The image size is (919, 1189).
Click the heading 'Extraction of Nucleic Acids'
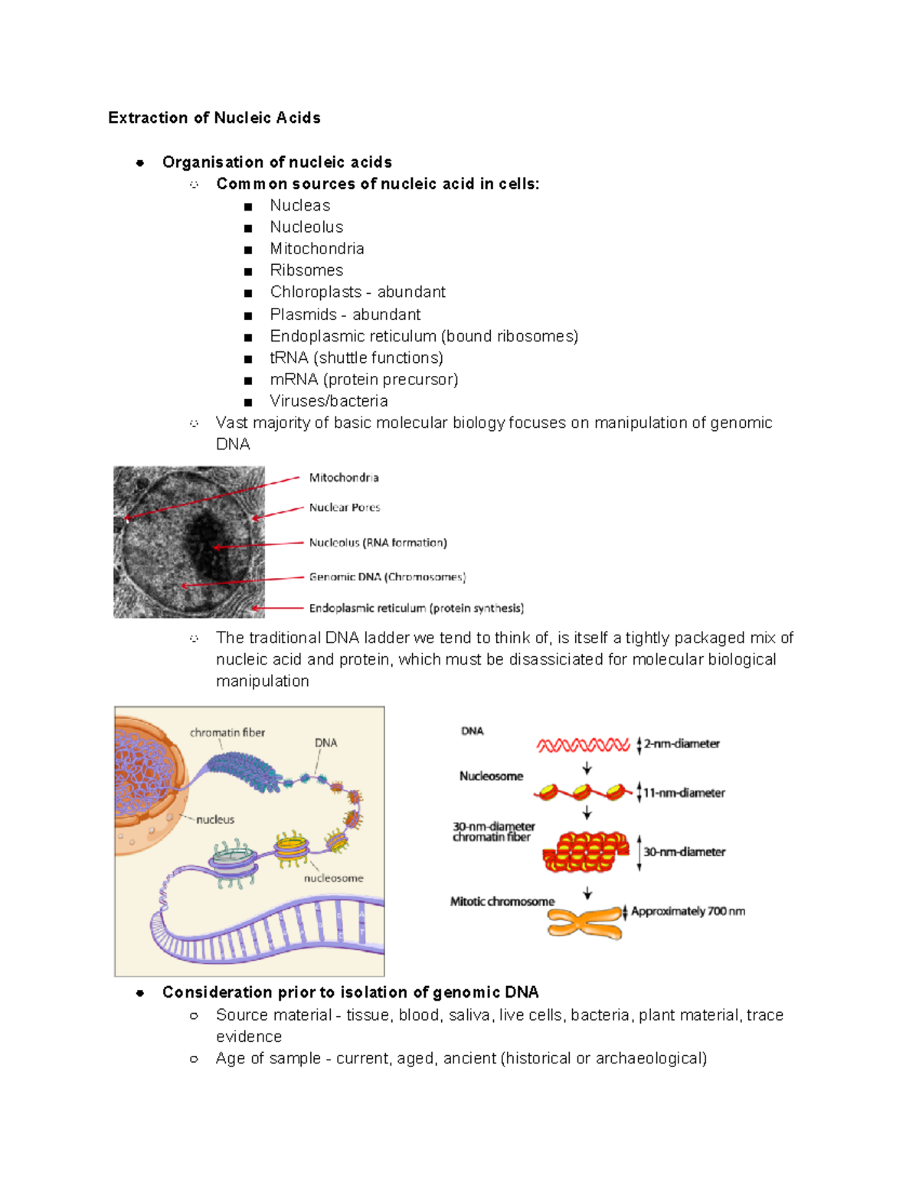(x=214, y=118)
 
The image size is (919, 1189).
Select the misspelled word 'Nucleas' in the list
(x=299, y=205)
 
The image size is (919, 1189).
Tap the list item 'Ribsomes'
(x=306, y=270)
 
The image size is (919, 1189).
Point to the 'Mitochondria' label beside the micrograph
(x=344, y=478)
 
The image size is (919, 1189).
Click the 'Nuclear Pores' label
(x=345, y=508)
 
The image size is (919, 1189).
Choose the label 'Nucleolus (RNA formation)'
(x=378, y=543)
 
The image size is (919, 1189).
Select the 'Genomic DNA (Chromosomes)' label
(x=387, y=577)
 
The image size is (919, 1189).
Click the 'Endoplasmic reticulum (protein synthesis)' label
(x=417, y=609)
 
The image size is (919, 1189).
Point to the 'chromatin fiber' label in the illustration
(x=227, y=733)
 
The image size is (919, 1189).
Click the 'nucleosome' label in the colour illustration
(x=333, y=878)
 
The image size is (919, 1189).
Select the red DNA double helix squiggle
(x=583, y=745)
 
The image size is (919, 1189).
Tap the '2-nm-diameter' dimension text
(x=682, y=744)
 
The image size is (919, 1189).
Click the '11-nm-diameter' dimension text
(x=684, y=793)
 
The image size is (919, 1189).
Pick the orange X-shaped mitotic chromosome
(x=585, y=921)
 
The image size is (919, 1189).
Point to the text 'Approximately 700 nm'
(x=688, y=911)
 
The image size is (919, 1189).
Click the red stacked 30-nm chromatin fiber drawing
(x=586, y=852)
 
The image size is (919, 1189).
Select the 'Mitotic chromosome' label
(x=502, y=902)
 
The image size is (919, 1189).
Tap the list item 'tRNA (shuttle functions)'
(x=356, y=358)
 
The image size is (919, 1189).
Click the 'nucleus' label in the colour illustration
(x=215, y=819)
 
